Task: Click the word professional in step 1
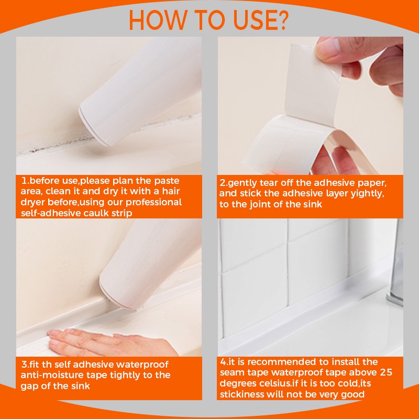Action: [x=152, y=202]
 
